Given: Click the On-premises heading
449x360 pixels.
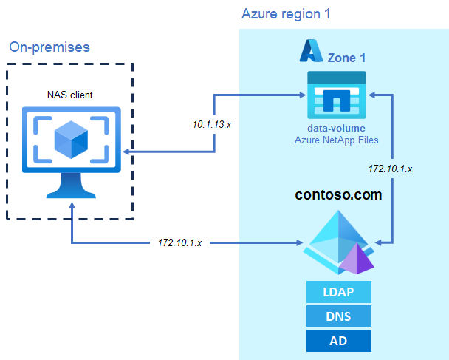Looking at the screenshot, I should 49,47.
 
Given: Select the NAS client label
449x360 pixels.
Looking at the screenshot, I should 70,95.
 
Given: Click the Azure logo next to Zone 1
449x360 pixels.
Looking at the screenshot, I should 309,51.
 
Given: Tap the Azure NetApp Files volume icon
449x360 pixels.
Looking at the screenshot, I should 336,95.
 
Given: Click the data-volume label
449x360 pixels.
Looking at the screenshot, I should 336,128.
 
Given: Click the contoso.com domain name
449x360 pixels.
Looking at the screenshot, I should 338,195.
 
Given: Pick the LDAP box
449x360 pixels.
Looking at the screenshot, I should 338,292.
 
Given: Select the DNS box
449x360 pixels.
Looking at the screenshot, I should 338,316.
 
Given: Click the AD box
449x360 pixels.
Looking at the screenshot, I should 338,340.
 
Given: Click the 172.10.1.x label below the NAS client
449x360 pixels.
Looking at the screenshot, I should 182,242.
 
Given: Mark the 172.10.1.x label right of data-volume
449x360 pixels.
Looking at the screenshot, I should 390,169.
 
